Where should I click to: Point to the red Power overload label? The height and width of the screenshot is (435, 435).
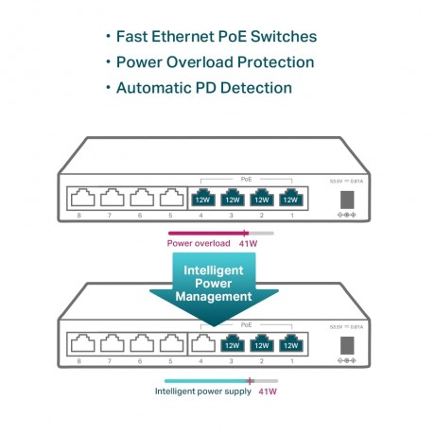[198, 242]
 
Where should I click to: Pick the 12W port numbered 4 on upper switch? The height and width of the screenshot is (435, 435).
[201, 199]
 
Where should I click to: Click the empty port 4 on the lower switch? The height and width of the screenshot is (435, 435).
[201, 345]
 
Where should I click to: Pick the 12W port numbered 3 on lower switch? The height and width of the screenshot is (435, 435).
[231, 345]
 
